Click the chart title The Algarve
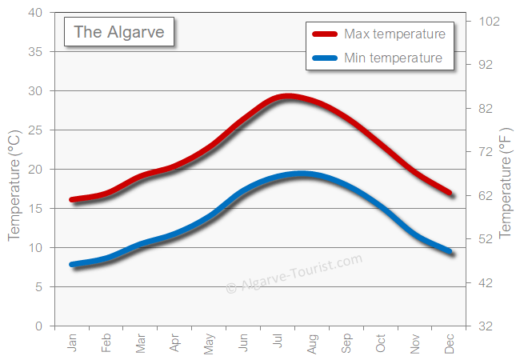[119, 32]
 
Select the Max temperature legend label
[394, 34]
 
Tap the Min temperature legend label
[392, 58]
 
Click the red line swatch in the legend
[325, 34]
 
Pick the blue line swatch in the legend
[325, 58]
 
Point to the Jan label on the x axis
[73, 343]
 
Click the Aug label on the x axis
[313, 343]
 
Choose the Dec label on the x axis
[450, 343]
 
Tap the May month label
[210, 343]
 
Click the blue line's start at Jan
[73, 264]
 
